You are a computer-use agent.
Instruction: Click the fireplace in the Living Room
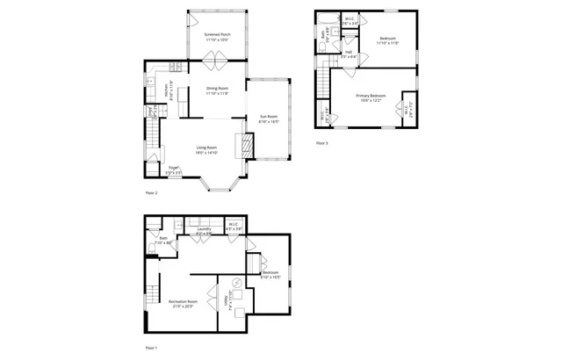pos(248,145)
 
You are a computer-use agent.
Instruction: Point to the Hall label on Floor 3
pos(349,53)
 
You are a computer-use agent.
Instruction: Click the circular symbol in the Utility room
pos(236,283)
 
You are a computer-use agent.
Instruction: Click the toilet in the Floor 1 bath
pos(154,248)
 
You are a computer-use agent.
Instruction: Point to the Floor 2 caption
pos(151,191)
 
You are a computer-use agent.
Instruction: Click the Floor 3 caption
pos(322,142)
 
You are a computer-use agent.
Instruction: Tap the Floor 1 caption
pos(151,348)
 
